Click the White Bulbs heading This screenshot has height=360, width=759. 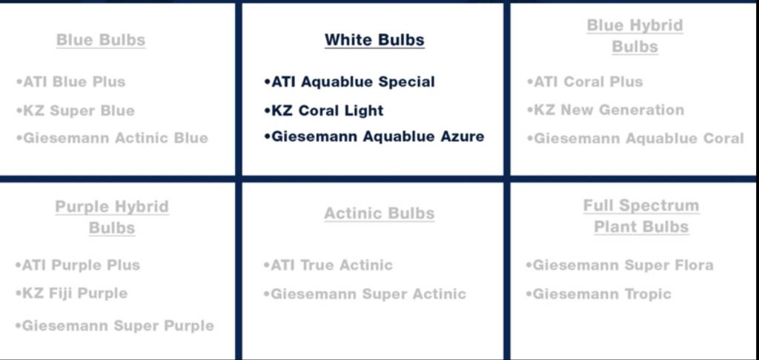tap(374, 40)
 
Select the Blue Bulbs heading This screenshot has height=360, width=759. tap(101, 40)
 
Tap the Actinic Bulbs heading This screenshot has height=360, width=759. tap(379, 213)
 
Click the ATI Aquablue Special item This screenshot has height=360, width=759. tap(349, 81)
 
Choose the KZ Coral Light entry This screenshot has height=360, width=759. tap(323, 110)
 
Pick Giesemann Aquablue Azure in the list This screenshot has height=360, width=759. tap(374, 136)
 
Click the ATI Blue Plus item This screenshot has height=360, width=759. tap(70, 81)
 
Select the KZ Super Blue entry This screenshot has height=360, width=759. tap(75, 110)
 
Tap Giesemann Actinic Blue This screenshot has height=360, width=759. tap(112, 138)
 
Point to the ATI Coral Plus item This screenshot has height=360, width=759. tap(585, 81)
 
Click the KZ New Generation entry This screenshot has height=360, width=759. tap(605, 110)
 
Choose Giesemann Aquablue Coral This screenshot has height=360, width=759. tap(635, 139)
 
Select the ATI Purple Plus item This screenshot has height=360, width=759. tap(77, 265)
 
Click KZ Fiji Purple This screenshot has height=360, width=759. tap(71, 293)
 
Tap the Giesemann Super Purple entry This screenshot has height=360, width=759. tap(114, 326)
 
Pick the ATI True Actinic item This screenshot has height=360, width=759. tap(328, 265)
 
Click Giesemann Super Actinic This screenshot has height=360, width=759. tap(365, 294)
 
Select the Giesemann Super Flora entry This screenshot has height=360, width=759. tap(619, 265)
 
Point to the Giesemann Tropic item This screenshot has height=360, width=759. tap(598, 294)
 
